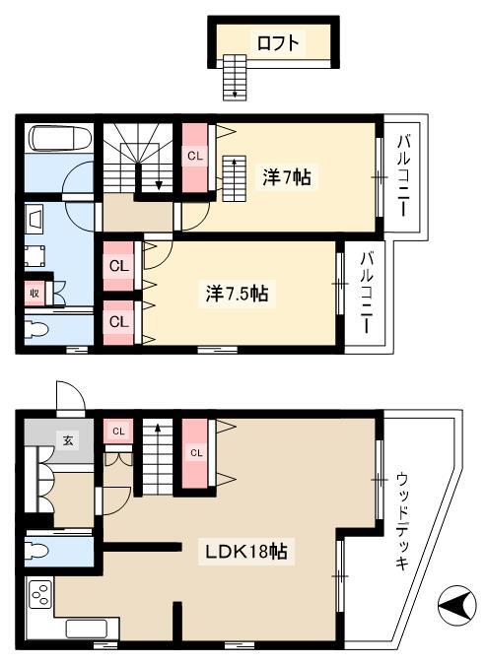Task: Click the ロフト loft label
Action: [278, 43]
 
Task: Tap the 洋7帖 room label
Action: [287, 177]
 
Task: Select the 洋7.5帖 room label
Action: [237, 293]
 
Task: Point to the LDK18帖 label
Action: [246, 552]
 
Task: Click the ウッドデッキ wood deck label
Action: [401, 521]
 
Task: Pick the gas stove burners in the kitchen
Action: [40, 593]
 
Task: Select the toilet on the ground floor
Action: [36, 552]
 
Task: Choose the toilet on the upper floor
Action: [36, 330]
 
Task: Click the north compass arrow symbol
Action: [454, 603]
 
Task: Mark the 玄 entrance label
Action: [68, 440]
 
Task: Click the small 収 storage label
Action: [35, 293]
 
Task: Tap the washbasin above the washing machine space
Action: [34, 218]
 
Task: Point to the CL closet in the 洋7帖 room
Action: [195, 156]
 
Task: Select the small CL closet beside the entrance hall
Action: [118, 432]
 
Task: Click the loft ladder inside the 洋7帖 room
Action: [234, 178]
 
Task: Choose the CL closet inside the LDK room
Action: [195, 453]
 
